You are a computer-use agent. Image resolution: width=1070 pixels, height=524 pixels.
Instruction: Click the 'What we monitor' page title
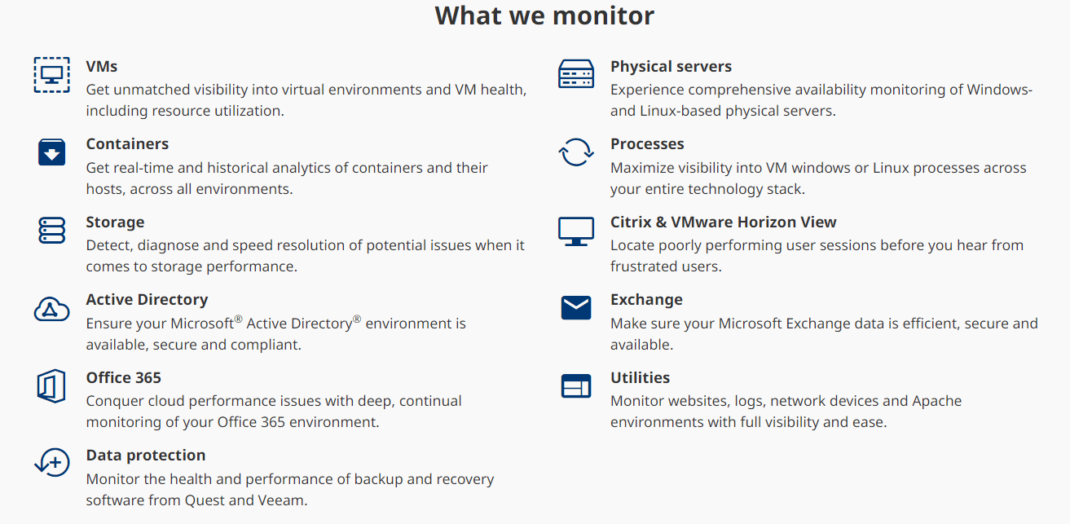tap(544, 15)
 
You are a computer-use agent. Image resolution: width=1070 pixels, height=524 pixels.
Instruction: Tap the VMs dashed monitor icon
tap(51, 75)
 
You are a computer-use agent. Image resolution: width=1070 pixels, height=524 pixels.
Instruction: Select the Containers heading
tap(127, 143)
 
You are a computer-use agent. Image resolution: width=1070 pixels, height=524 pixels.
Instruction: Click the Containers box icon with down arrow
tap(51, 152)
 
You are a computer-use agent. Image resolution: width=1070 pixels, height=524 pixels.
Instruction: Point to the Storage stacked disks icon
tap(51, 231)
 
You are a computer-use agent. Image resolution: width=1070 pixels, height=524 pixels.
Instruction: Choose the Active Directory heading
tap(147, 300)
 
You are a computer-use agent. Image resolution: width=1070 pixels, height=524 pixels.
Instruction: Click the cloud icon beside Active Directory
tap(51, 309)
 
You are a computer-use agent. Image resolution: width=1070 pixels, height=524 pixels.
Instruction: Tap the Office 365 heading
tap(123, 378)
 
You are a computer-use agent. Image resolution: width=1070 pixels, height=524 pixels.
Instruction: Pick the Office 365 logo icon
tap(51, 386)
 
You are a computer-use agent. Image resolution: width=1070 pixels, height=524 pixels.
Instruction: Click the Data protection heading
tap(146, 456)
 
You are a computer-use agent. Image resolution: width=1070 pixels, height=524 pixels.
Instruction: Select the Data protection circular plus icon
tap(52, 462)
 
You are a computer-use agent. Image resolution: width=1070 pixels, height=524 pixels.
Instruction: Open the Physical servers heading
tap(671, 66)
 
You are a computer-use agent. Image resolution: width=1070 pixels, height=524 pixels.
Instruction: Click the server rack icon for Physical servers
tap(576, 74)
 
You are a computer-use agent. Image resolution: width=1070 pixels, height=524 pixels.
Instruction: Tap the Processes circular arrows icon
tap(576, 152)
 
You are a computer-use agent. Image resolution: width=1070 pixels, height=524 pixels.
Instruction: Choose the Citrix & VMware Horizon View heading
tap(723, 222)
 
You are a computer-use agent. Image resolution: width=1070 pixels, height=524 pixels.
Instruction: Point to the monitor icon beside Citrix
tap(576, 231)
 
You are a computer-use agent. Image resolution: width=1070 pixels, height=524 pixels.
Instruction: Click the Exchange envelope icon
tap(576, 307)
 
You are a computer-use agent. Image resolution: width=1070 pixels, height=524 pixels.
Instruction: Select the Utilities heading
tap(640, 378)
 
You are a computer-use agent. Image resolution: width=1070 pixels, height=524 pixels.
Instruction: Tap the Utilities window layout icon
tap(576, 386)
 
